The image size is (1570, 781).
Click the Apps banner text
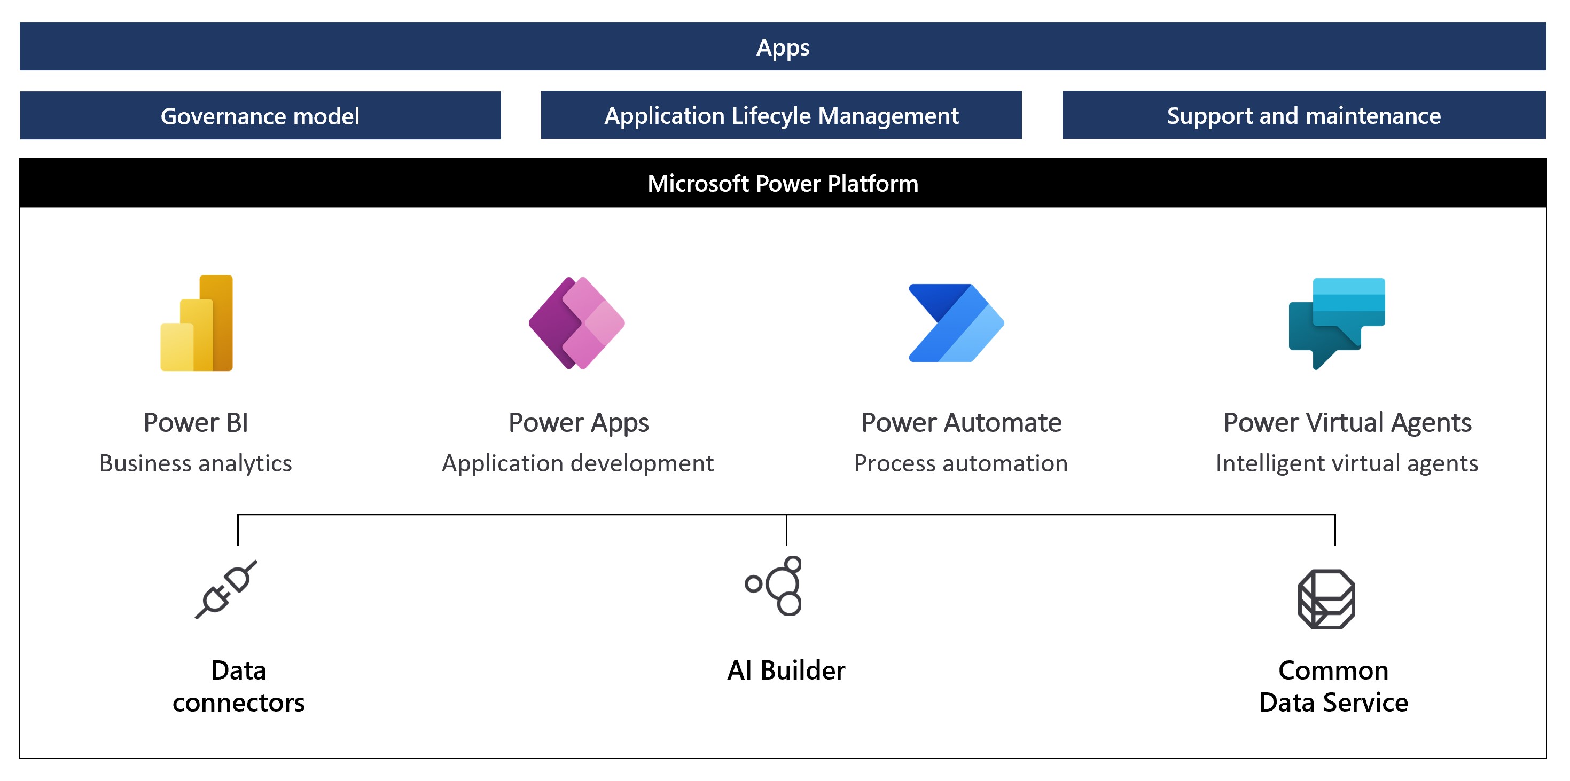(783, 48)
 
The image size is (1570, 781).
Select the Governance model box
(260, 116)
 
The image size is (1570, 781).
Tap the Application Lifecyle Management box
(782, 115)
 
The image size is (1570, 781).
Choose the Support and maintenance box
(1303, 115)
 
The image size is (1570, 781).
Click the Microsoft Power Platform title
(783, 183)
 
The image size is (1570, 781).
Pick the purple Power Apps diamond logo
(576, 323)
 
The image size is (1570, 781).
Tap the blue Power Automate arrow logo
(956, 323)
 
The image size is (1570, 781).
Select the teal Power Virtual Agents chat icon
(1337, 323)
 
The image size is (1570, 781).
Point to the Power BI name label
(196, 423)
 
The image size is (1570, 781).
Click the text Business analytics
(196, 463)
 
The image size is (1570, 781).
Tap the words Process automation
(960, 463)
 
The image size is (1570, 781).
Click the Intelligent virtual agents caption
(1346, 463)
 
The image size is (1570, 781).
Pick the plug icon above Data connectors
(226, 589)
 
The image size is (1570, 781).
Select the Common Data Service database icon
(1326, 599)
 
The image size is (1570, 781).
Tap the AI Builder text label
(786, 670)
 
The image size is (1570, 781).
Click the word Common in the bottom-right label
(1333, 670)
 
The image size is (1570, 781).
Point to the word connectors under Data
(238, 703)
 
